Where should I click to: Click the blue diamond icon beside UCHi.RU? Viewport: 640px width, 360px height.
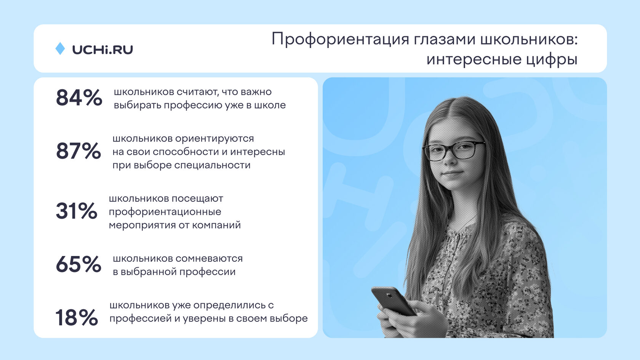[60, 49]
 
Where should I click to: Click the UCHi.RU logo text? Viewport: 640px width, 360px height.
[102, 50]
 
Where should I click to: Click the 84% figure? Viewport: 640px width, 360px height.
[79, 98]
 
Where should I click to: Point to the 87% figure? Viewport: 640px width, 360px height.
[78, 150]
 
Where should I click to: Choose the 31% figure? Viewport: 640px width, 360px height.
[77, 211]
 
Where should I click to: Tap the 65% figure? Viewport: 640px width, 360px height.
[78, 264]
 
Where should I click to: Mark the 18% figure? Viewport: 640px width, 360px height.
[77, 317]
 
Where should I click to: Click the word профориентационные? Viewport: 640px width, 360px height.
[165, 212]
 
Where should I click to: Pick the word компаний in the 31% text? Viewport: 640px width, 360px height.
[216, 225]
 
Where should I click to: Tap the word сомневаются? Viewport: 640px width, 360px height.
[209, 259]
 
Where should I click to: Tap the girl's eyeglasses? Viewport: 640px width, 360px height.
[454, 150]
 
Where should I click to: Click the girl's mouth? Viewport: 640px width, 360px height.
[453, 173]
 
